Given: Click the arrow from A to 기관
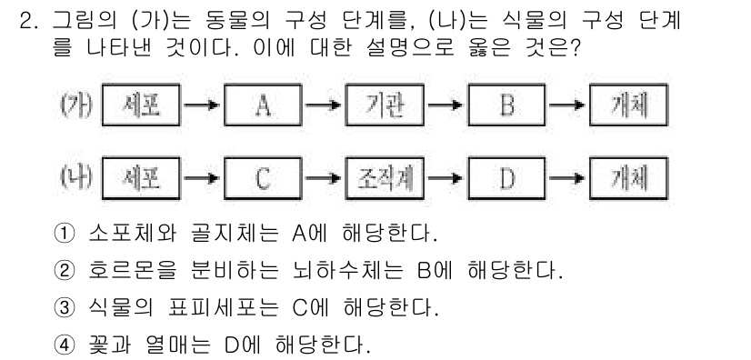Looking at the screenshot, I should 324,106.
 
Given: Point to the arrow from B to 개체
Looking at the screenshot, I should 567,106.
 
